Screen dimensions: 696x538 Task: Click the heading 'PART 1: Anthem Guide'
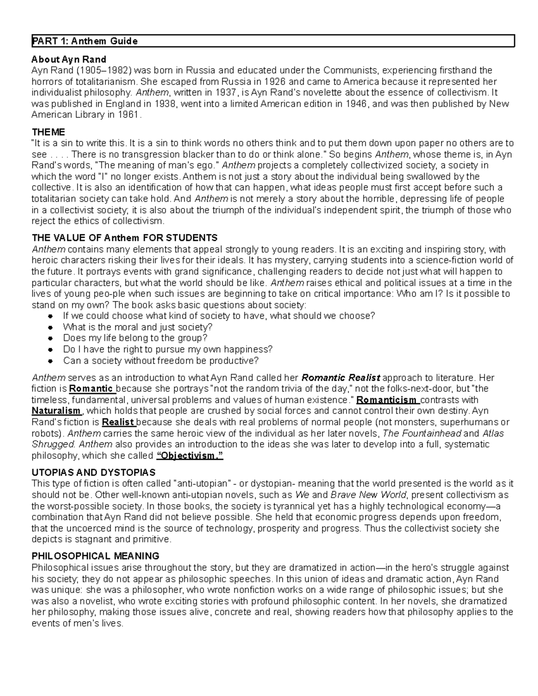coord(84,42)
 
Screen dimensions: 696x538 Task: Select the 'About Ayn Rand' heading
coord(69,60)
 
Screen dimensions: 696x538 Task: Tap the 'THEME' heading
coord(48,132)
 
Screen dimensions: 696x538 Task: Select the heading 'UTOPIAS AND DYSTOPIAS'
coord(93,473)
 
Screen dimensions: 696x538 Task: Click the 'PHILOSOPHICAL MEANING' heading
coord(95,557)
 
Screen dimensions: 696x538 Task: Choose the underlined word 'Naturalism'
coord(56,411)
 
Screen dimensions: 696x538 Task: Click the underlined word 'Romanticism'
coord(387,400)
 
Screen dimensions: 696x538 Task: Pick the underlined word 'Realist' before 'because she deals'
coord(118,422)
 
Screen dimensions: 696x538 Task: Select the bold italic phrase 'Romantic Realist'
coord(341,378)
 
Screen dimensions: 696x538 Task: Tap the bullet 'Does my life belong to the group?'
coord(135,338)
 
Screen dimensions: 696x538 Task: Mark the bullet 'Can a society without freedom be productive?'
coord(161,361)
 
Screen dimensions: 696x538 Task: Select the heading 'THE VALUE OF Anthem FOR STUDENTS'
coord(125,238)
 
